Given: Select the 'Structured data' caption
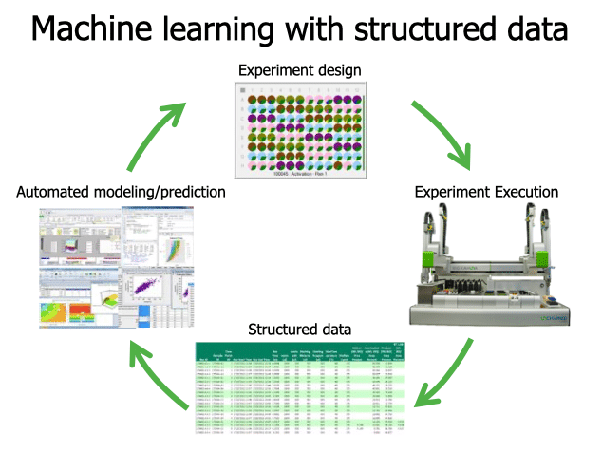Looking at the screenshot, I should [300, 330].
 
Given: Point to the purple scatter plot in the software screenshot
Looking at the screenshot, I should [142, 286].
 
